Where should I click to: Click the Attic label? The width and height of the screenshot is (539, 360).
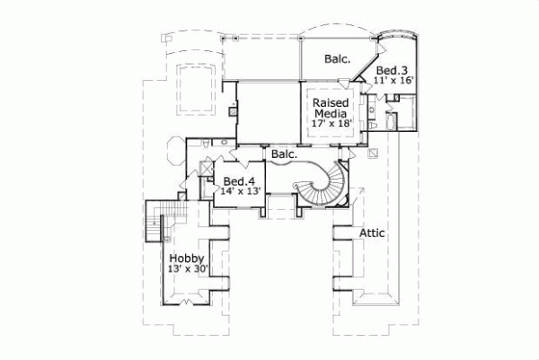point(372,233)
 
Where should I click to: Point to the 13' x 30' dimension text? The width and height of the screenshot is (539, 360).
point(187,269)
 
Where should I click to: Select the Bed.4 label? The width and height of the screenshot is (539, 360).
point(239,180)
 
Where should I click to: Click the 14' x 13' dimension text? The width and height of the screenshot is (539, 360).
point(239,191)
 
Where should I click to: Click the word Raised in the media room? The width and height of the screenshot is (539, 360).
point(330,103)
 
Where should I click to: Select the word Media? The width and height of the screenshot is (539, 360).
point(330,114)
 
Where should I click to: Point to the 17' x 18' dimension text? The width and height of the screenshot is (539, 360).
point(330,125)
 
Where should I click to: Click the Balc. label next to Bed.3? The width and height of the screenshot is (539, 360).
point(337,60)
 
